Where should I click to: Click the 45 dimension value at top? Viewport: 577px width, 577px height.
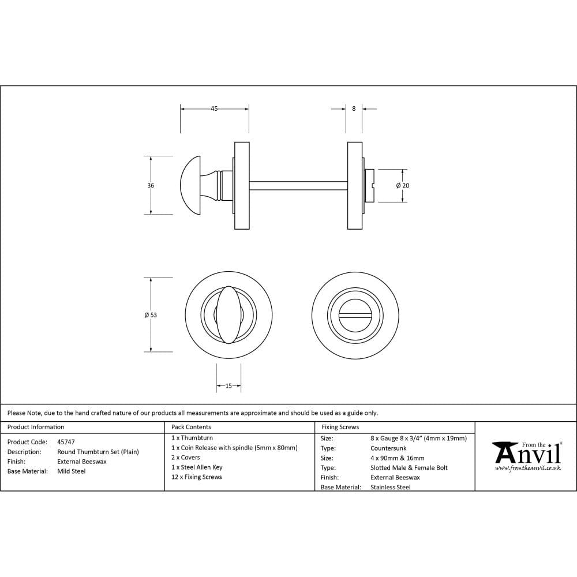[214, 108]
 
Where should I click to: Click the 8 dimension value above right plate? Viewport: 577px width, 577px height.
[354, 108]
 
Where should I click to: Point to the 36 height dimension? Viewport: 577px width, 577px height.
[151, 186]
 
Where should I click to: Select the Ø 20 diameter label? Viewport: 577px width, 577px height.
[403, 186]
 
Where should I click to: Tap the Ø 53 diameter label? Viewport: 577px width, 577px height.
[151, 315]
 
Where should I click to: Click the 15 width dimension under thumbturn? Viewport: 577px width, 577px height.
[228, 386]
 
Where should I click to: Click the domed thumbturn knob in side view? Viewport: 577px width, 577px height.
[192, 185]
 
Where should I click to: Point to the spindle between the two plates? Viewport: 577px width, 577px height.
[298, 185]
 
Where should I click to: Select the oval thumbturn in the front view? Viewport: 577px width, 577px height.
[229, 314]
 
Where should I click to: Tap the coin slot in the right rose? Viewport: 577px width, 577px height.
[354, 314]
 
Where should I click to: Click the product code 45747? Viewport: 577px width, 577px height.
[66, 442]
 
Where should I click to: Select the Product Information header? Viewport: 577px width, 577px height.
[36, 427]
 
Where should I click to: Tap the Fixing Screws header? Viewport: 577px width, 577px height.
[340, 427]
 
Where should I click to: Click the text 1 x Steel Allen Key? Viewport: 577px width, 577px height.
[197, 467]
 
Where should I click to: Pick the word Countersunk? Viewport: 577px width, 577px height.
[388, 448]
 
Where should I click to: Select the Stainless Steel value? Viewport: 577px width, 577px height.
[391, 488]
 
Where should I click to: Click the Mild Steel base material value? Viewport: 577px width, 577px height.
[72, 471]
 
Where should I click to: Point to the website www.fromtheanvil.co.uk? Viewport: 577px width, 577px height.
[527, 468]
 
